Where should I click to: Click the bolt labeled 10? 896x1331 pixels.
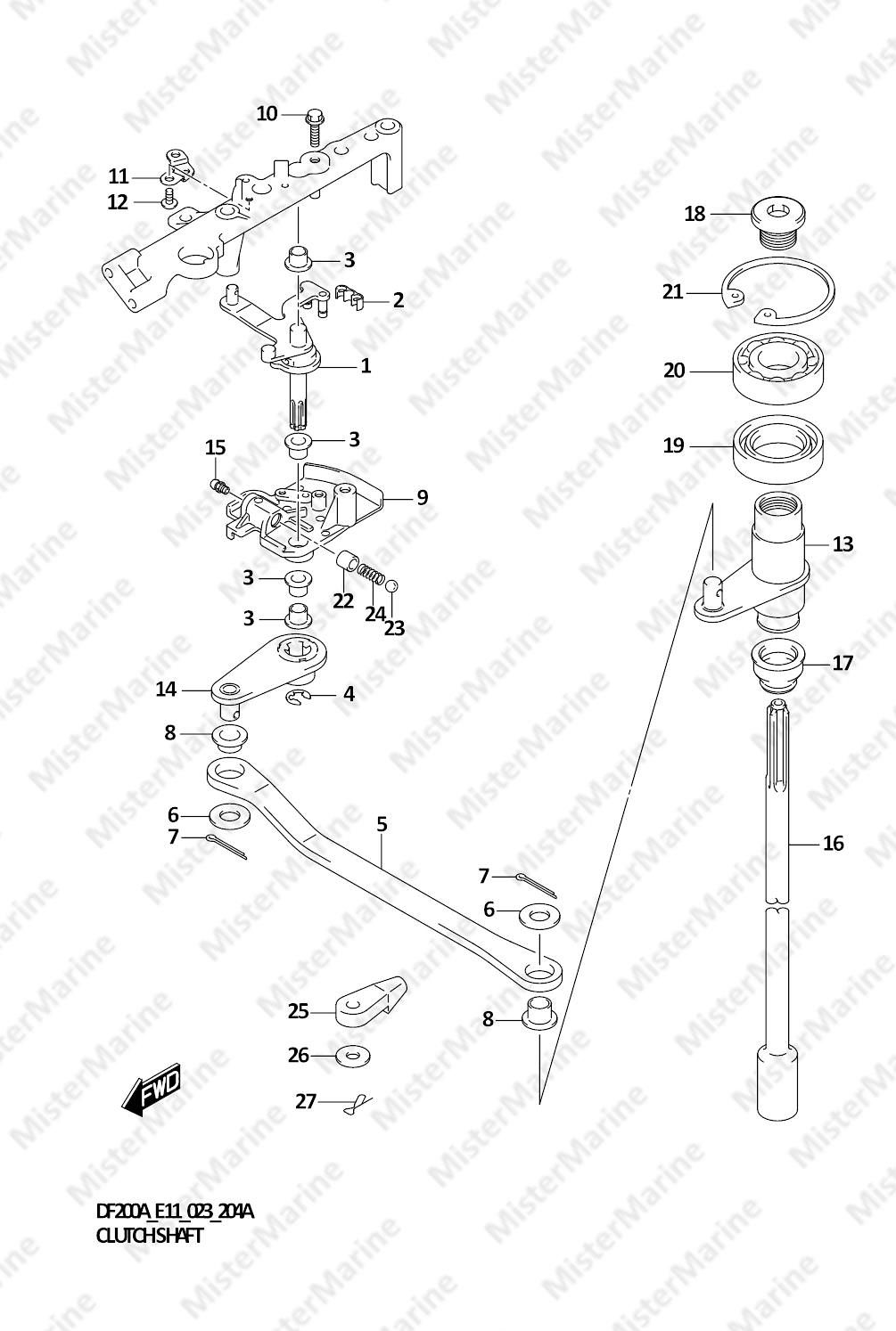pyautogui.click(x=314, y=127)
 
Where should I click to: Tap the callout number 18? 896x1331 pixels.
pyautogui.click(x=695, y=213)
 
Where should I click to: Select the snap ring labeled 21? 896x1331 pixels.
pyautogui.click(x=779, y=290)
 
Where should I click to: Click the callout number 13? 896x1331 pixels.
pyautogui.click(x=843, y=543)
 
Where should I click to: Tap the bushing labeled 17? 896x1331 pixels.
pyautogui.click(x=777, y=666)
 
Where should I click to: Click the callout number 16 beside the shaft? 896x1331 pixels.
pyautogui.click(x=833, y=843)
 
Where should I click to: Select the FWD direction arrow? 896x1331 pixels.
pyautogui.click(x=151, y=1090)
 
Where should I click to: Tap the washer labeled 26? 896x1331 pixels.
pyautogui.click(x=352, y=1056)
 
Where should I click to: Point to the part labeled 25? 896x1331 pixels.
pyautogui.click(x=371, y=1001)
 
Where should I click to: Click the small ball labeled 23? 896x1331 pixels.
pyautogui.click(x=391, y=586)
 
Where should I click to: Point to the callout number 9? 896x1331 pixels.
pyautogui.click(x=422, y=497)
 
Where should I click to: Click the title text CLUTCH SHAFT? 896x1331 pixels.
pyautogui.click(x=149, y=1236)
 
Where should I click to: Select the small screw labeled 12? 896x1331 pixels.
pyautogui.click(x=169, y=197)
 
